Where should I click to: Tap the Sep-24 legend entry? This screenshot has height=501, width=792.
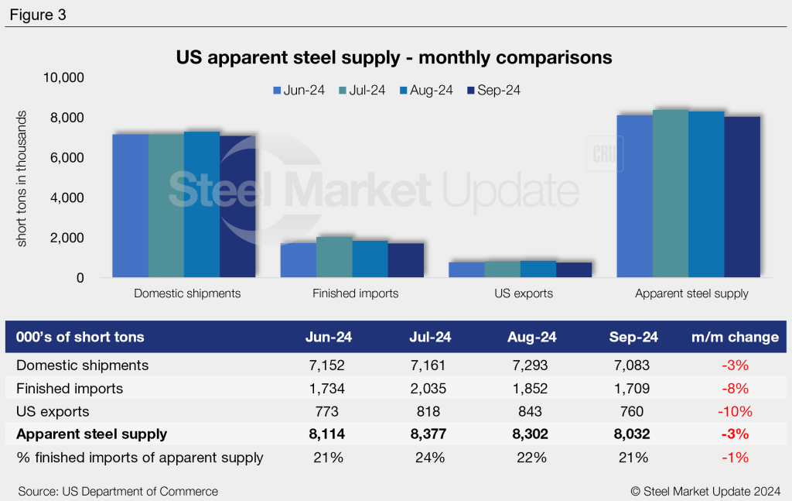point(493,91)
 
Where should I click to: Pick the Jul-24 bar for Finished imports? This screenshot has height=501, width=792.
point(334,256)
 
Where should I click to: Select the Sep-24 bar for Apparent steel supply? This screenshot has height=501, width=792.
point(742,197)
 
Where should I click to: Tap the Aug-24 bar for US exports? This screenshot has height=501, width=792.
point(538,269)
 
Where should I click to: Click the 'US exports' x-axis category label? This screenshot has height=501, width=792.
point(524,293)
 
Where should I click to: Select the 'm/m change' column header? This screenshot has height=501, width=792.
point(735,337)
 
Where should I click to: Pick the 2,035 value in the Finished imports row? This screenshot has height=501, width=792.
point(429,388)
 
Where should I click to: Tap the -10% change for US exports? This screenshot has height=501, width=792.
point(735,411)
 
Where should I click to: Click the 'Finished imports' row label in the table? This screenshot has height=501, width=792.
point(70,388)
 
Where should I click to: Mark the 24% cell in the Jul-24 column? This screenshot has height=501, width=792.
point(430,458)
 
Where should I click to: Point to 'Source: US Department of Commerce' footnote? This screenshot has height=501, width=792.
point(118,491)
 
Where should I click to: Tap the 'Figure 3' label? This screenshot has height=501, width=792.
point(38,15)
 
